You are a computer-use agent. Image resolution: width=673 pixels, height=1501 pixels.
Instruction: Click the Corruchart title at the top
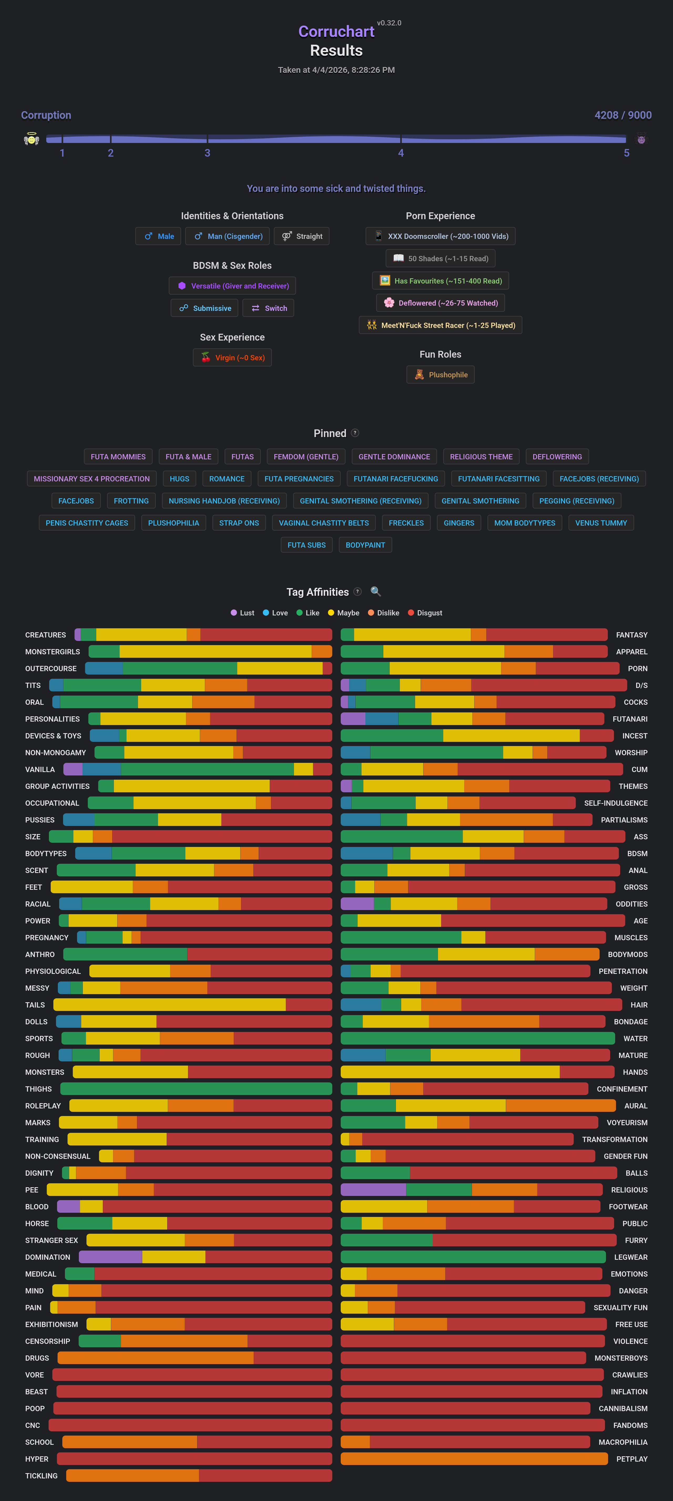pyautogui.click(x=336, y=32)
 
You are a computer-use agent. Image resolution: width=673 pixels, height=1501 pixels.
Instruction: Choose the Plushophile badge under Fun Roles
pyautogui.click(x=441, y=375)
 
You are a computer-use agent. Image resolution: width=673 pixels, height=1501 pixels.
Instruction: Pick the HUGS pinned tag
pyautogui.click(x=180, y=479)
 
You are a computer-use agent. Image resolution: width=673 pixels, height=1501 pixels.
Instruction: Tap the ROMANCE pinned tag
pyautogui.click(x=227, y=479)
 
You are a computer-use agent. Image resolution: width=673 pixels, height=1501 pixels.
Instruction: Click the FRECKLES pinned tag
pyautogui.click(x=406, y=523)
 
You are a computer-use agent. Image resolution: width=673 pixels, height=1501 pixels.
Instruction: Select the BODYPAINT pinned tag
pyautogui.click(x=365, y=545)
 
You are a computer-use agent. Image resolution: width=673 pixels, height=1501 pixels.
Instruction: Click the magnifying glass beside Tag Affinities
pyautogui.click(x=376, y=592)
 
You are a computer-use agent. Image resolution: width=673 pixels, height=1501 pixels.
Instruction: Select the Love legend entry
pyautogui.click(x=275, y=613)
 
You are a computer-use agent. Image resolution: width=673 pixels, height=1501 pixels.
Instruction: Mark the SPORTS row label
pyautogui.click(x=39, y=1038)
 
